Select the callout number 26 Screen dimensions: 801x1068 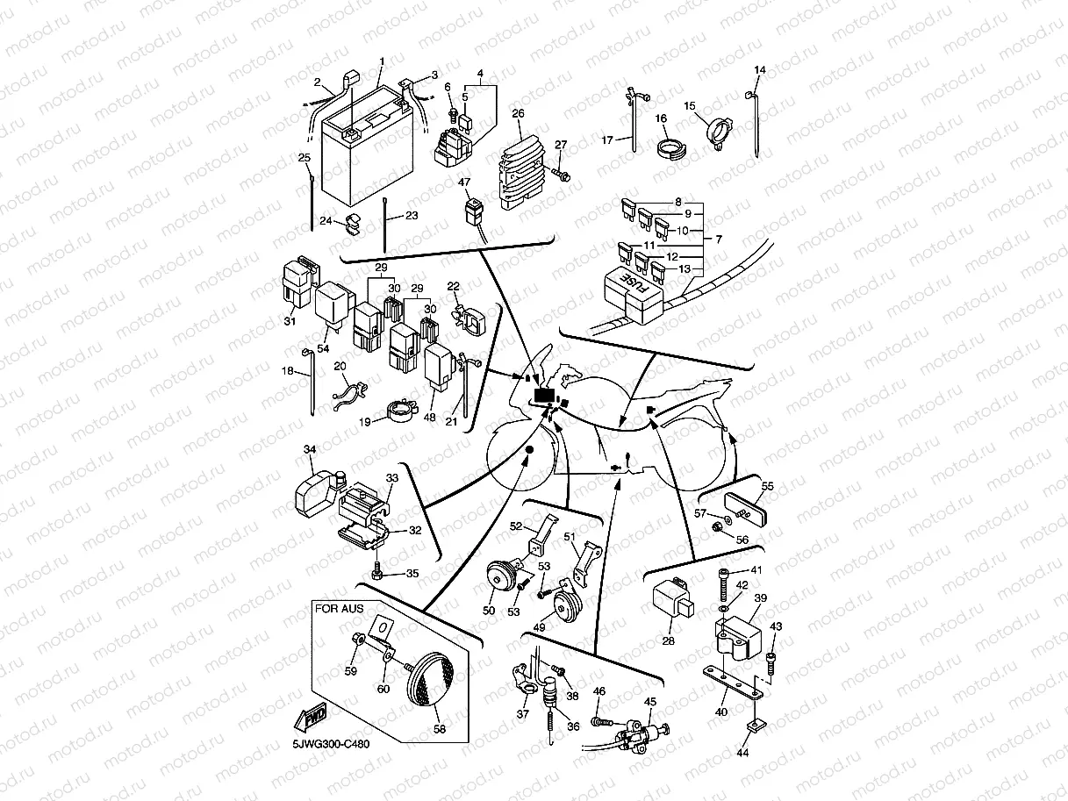pyautogui.click(x=518, y=114)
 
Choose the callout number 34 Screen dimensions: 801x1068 pyautogui.click(x=310, y=450)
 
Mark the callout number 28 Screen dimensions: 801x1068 pyautogui.click(x=669, y=640)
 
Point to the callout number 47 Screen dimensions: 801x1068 pyautogui.click(x=465, y=182)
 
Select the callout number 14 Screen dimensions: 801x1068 pyautogui.click(x=760, y=70)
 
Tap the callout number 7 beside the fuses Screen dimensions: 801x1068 pyautogui.click(x=719, y=240)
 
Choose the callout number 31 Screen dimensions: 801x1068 pyautogui.click(x=290, y=321)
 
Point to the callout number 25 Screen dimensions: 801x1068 pyautogui.click(x=305, y=158)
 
